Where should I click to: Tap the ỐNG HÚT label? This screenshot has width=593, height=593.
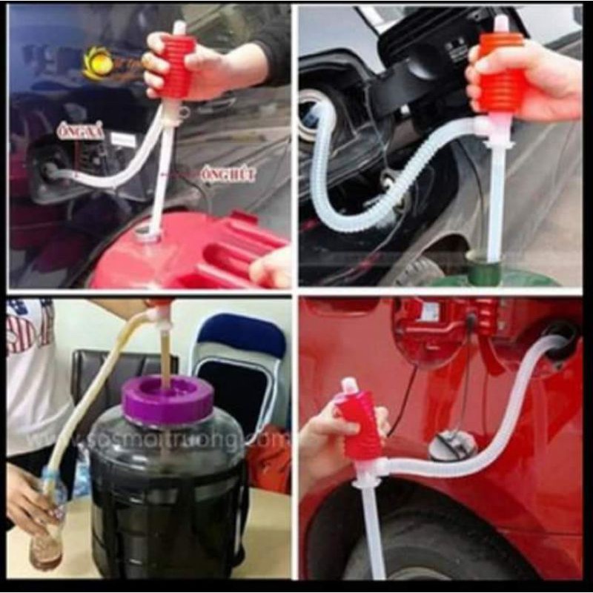(x=228, y=175)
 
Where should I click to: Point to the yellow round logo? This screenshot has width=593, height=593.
(x=99, y=63)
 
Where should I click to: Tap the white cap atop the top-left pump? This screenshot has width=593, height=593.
(x=179, y=28)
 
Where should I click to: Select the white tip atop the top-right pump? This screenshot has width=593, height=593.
(x=501, y=22)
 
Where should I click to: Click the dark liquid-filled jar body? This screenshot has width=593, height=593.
(x=166, y=497)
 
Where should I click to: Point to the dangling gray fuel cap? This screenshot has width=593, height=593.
(x=453, y=444)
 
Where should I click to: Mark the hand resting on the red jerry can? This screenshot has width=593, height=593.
(x=271, y=268)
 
